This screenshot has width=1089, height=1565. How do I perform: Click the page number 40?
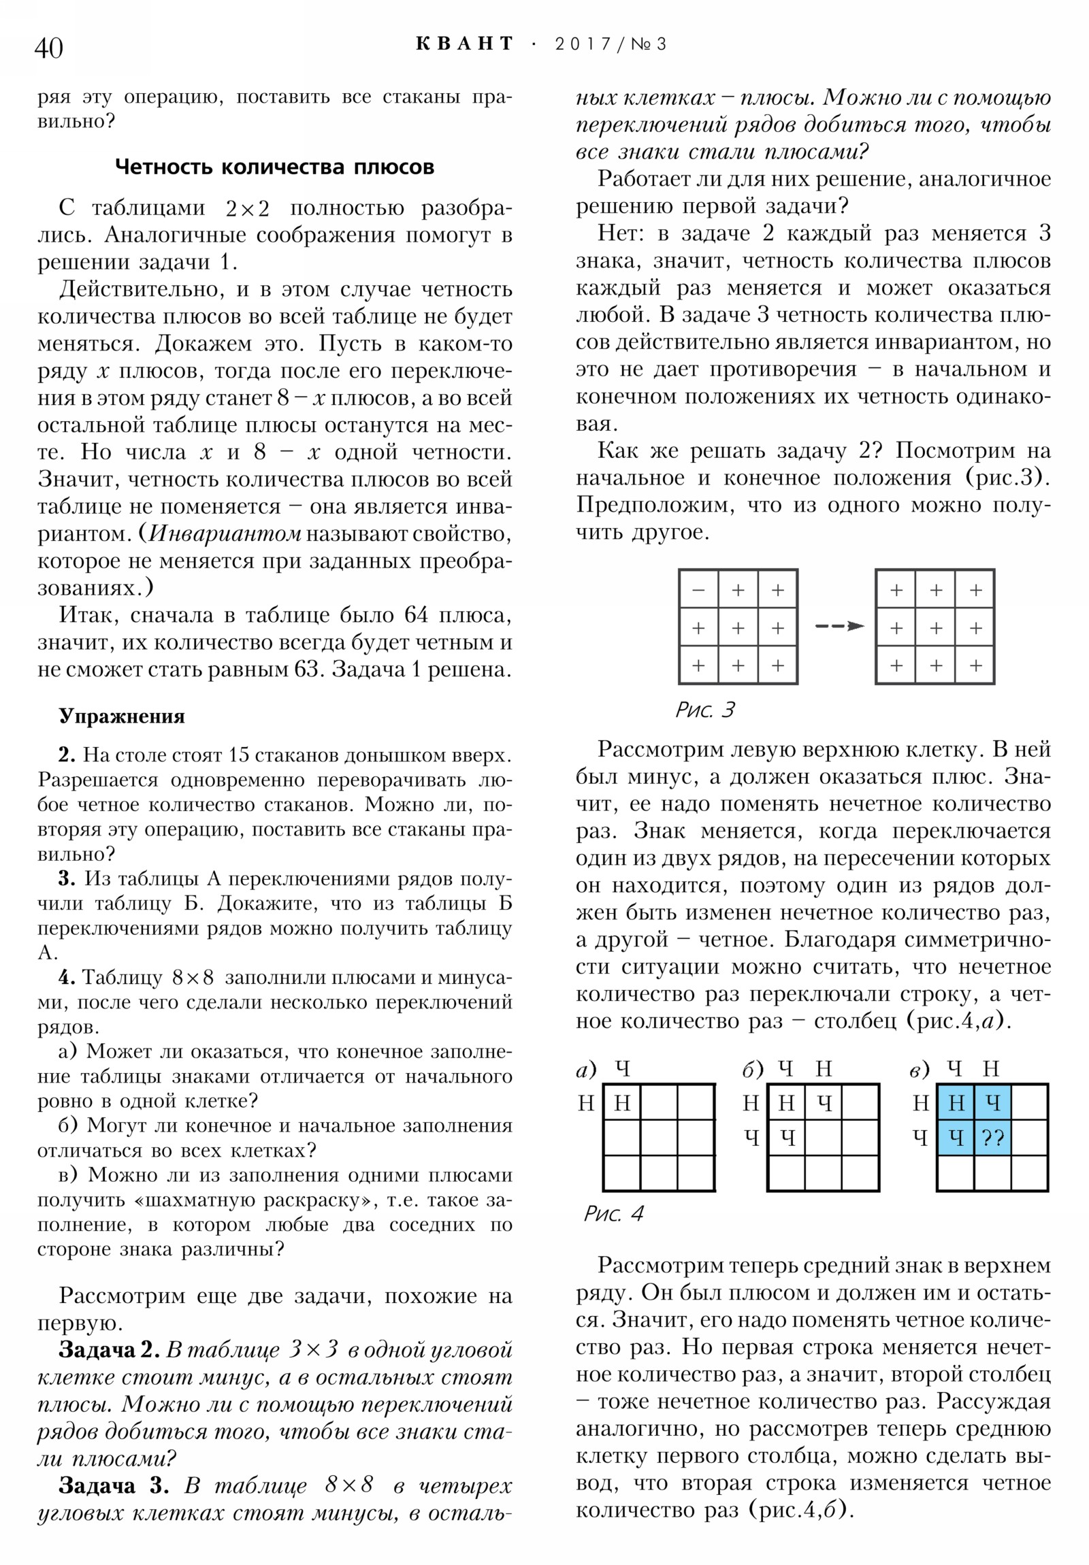click(48, 48)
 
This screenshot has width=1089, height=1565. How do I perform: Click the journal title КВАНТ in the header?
click(464, 44)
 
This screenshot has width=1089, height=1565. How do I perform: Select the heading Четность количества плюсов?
click(274, 167)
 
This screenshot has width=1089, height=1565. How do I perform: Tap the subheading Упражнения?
click(121, 716)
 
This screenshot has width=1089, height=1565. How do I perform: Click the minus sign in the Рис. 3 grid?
click(698, 591)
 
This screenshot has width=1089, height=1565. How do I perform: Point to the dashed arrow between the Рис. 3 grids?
click(839, 626)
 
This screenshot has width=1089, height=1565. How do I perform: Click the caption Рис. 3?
click(705, 710)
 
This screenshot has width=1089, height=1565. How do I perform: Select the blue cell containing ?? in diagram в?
click(992, 1138)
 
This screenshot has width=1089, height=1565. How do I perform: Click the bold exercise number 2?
click(67, 755)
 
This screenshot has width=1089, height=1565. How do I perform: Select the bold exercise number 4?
click(67, 977)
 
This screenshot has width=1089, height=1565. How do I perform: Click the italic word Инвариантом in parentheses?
click(225, 533)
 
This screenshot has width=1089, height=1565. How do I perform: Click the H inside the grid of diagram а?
click(621, 1103)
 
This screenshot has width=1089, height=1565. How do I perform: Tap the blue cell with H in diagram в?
click(956, 1103)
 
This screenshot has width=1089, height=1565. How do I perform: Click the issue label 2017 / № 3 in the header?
click(611, 44)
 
